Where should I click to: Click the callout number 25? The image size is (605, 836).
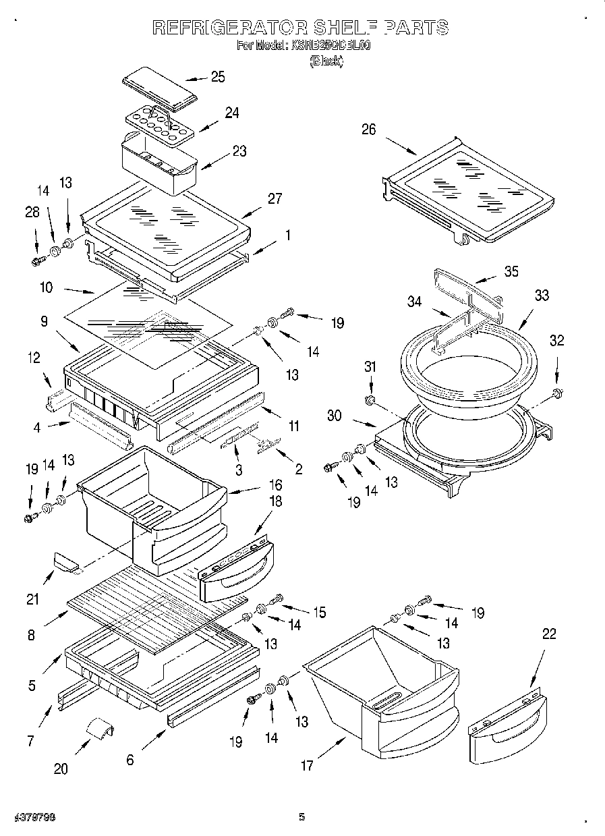click(x=218, y=77)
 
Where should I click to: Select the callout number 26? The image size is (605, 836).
click(x=368, y=130)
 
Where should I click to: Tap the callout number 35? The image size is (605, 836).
click(x=511, y=272)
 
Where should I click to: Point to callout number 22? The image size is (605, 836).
click(x=549, y=634)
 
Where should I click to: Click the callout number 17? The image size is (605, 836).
click(x=308, y=765)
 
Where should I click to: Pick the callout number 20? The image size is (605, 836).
click(x=61, y=769)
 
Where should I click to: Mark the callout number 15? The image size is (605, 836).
click(x=318, y=612)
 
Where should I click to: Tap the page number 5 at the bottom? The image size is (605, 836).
click(x=302, y=817)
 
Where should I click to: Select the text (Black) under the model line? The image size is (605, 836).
click(x=326, y=61)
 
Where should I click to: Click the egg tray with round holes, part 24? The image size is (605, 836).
click(x=159, y=124)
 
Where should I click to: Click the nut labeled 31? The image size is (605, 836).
click(x=370, y=401)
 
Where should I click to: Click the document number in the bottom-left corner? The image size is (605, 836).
click(x=34, y=817)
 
